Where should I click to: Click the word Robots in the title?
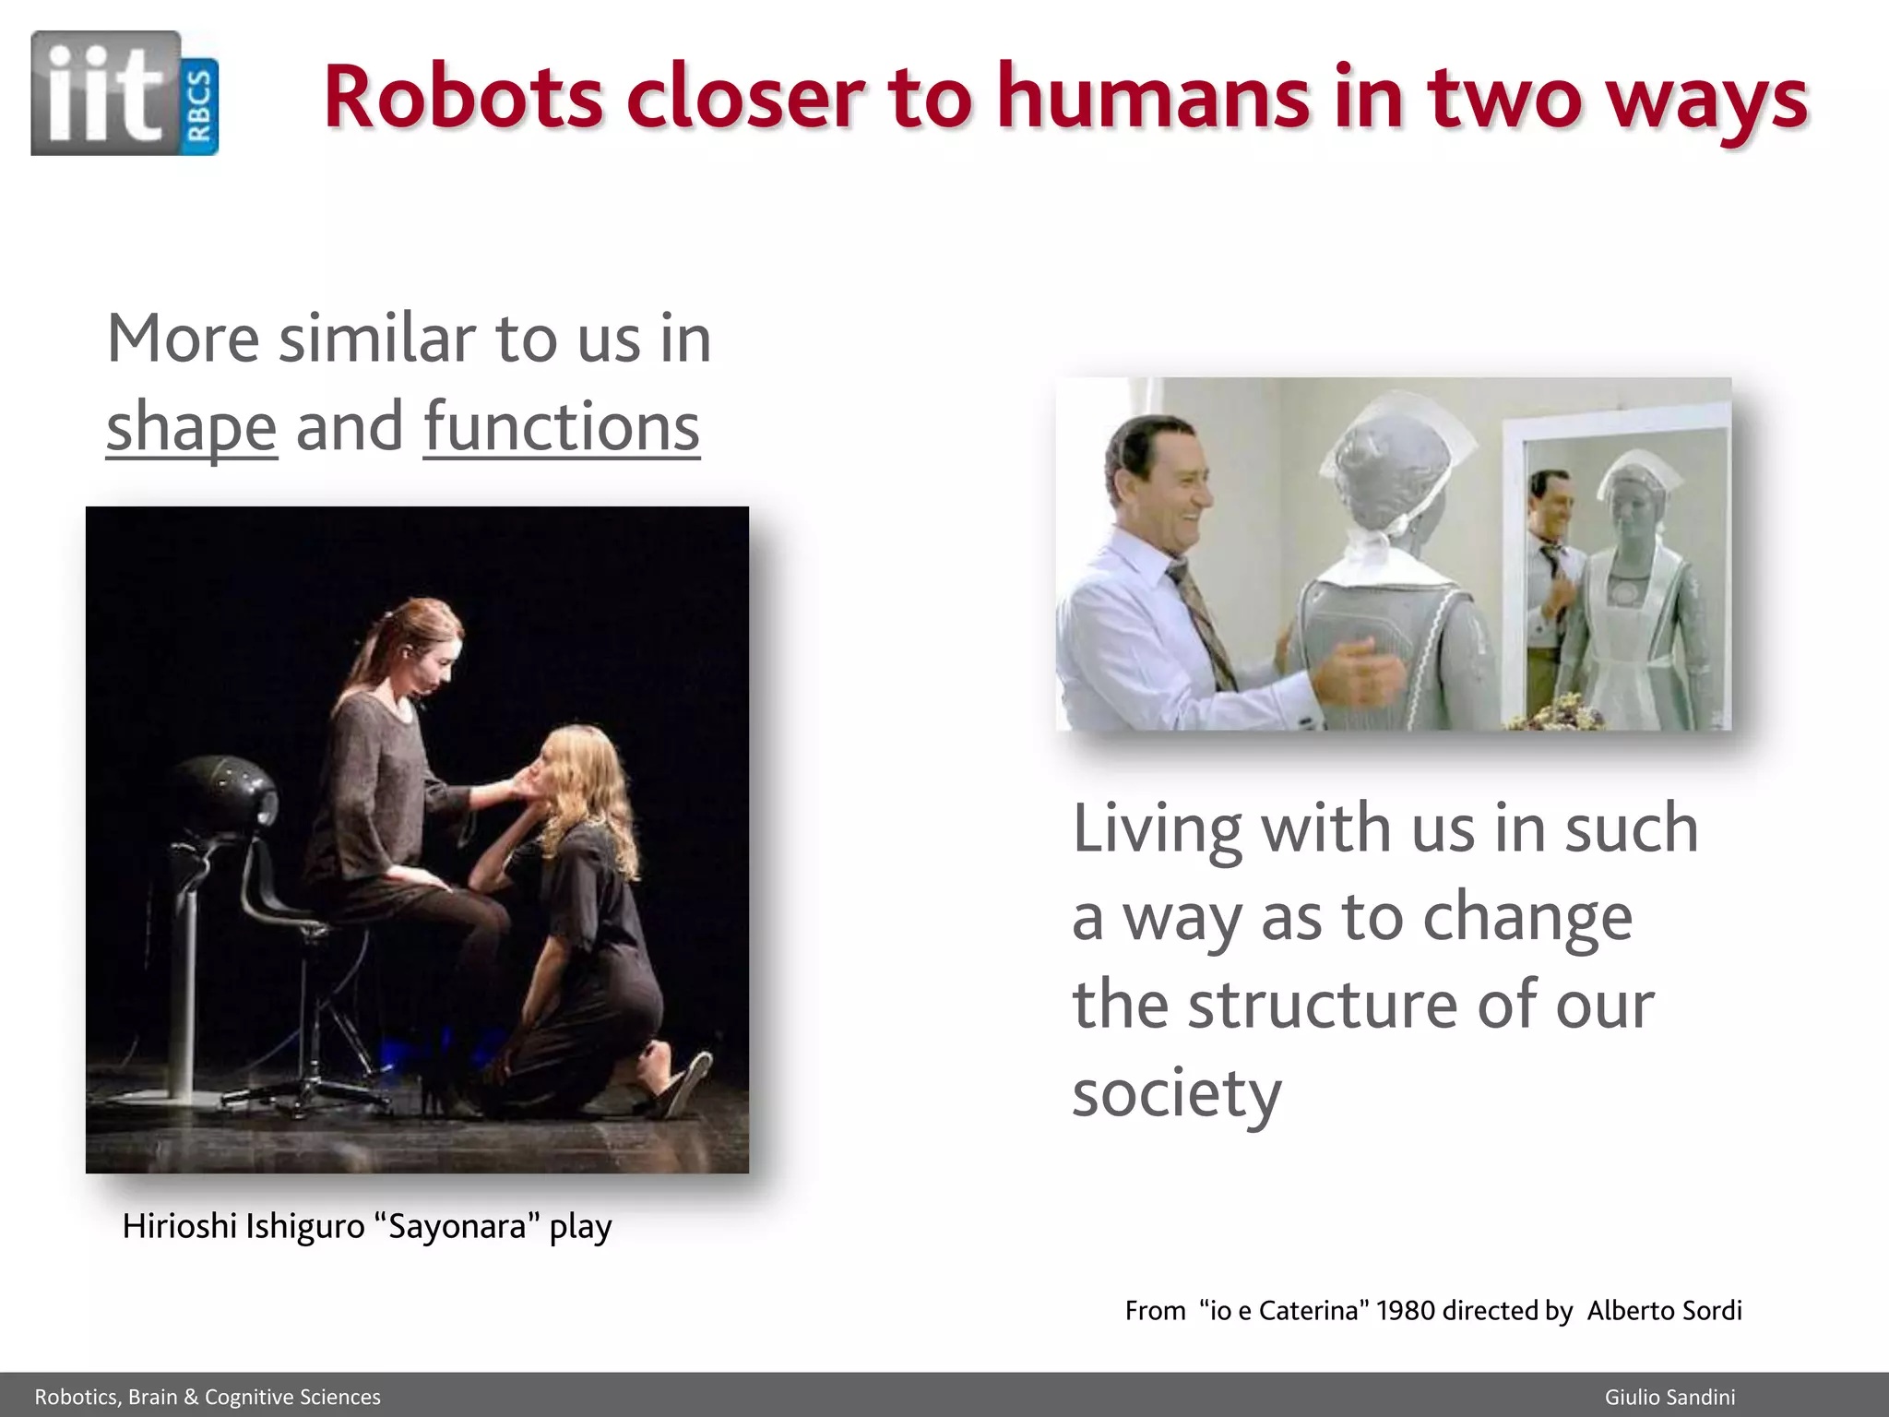point(461,98)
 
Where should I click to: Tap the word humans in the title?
point(1152,98)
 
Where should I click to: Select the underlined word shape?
point(191,428)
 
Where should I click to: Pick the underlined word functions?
point(562,428)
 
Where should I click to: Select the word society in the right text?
point(1176,1094)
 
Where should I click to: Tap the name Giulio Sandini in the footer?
point(1669,1397)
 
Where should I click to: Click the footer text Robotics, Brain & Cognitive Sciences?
point(208,1397)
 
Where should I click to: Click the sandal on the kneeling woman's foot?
point(687,1084)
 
